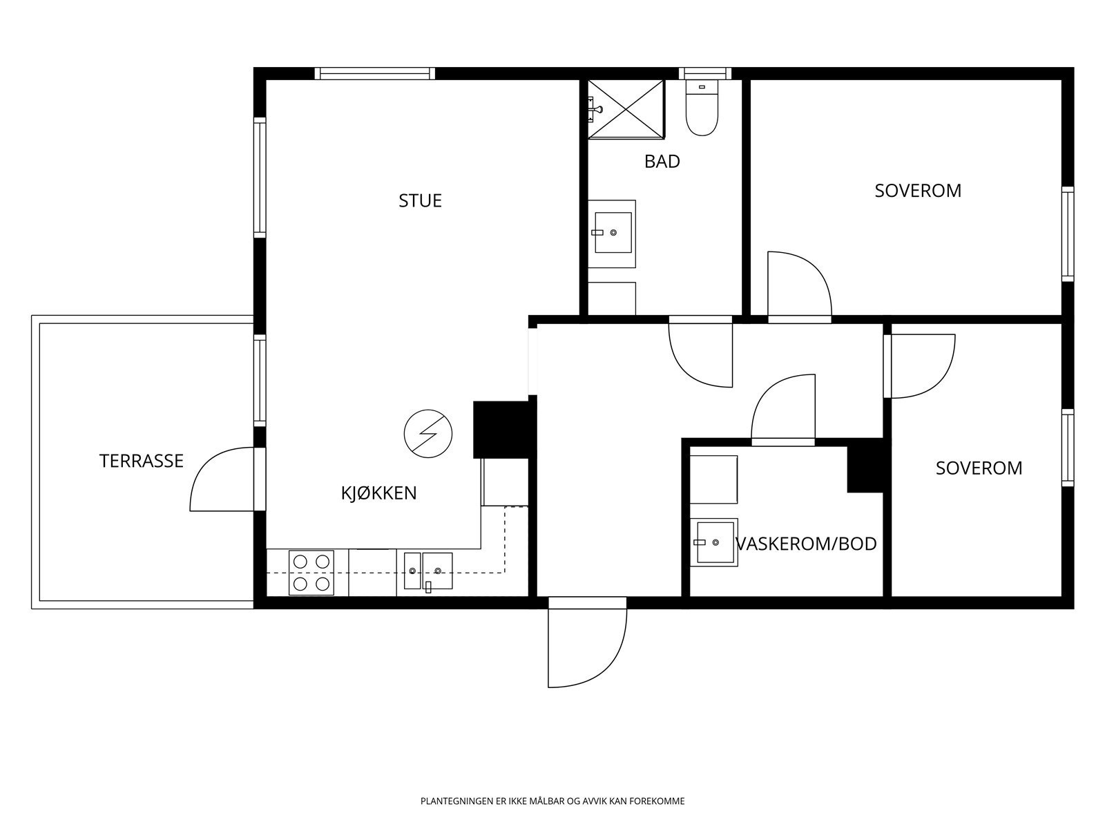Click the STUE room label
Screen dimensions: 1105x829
click(420, 201)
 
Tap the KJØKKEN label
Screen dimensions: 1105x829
click(379, 493)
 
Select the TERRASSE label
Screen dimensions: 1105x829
click(142, 461)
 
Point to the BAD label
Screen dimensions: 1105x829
click(662, 162)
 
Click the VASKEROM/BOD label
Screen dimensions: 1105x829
click(807, 544)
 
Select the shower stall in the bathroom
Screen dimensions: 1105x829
click(626, 108)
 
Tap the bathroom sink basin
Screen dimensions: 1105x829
click(613, 233)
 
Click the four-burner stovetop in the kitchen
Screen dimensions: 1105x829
click(311, 573)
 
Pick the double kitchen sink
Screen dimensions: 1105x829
click(428, 571)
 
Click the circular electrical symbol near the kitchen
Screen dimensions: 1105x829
click(428, 433)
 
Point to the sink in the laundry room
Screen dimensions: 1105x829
click(715, 542)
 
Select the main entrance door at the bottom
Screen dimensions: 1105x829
click(588, 642)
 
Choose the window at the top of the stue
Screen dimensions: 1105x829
click(375, 73)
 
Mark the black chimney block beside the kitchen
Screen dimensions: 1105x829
click(501, 430)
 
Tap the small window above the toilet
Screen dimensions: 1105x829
click(705, 73)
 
